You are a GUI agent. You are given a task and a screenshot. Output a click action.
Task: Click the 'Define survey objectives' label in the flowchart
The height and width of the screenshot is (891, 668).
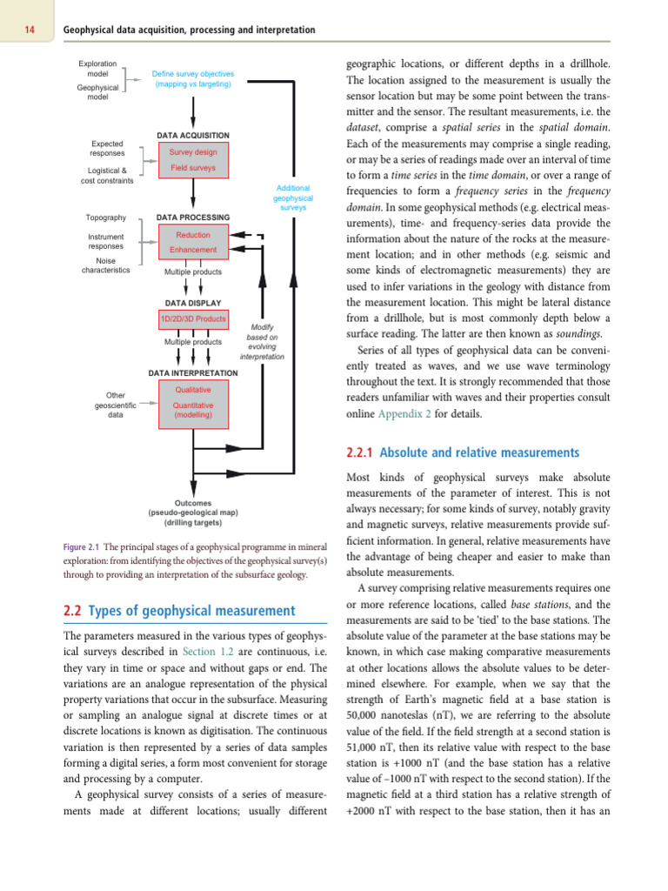[193, 79]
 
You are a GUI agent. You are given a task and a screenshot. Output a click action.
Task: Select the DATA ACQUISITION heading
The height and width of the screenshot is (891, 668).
[193, 136]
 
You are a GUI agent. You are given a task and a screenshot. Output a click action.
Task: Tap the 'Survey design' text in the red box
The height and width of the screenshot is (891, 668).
[193, 151]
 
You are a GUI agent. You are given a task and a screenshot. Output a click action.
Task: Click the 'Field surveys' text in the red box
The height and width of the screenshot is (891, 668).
[193, 168]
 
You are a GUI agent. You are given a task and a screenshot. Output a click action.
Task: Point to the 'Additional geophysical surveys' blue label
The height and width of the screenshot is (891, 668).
[293, 198]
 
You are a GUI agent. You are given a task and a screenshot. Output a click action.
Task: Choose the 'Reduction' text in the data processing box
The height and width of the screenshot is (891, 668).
[193, 235]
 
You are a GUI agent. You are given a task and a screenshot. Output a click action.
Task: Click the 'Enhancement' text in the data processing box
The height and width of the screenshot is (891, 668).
[193, 250]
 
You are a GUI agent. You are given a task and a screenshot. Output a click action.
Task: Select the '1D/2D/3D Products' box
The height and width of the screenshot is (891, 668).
[193, 318]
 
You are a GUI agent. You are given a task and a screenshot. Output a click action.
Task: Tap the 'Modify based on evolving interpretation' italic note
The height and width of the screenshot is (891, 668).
[262, 342]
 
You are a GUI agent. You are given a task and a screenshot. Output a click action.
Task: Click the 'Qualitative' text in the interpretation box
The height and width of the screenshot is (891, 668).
[193, 390]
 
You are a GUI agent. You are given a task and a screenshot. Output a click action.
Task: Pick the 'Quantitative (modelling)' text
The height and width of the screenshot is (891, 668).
[193, 410]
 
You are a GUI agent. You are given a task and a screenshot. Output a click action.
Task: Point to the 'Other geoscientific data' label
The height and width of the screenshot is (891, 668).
[115, 405]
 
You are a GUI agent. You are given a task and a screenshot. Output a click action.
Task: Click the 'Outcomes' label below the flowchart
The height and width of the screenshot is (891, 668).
[193, 503]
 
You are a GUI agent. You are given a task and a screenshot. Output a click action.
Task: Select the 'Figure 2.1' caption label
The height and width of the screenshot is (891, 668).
[81, 547]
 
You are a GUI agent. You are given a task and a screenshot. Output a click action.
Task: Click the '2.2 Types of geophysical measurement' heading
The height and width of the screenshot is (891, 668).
[179, 611]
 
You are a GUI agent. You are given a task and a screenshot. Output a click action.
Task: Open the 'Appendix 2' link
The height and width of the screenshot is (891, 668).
[404, 414]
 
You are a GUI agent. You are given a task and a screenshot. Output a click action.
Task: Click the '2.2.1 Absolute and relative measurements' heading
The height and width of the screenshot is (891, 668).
[462, 452]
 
